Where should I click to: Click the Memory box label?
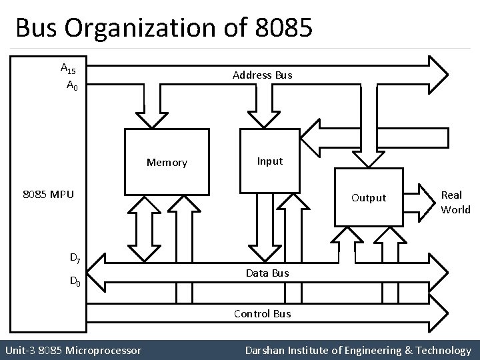pyautogui.click(x=167, y=163)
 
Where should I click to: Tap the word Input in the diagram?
pyautogui.click(x=270, y=161)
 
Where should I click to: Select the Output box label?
pyautogui.click(x=369, y=197)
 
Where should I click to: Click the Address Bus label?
pyautogui.click(x=262, y=75)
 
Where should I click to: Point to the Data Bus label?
pyautogui.click(x=267, y=273)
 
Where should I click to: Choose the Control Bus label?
pyautogui.click(x=262, y=313)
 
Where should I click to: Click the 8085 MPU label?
pyautogui.click(x=47, y=195)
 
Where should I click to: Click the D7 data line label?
pyautogui.click(x=76, y=257)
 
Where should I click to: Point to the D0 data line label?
pyautogui.click(x=76, y=282)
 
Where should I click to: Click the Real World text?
pyautogui.click(x=455, y=202)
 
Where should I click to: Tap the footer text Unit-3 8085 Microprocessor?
pyautogui.click(x=73, y=350)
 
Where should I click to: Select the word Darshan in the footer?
pyautogui.click(x=265, y=350)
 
